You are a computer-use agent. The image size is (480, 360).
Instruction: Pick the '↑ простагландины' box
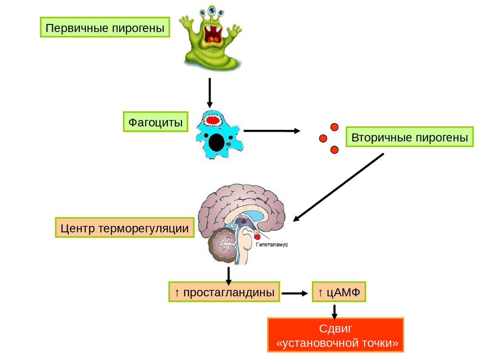pyautogui.click(x=224, y=293)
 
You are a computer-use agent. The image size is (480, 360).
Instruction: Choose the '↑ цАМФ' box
pyautogui.click(x=338, y=293)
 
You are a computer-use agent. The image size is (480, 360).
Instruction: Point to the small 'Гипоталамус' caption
pyautogui.click(x=271, y=245)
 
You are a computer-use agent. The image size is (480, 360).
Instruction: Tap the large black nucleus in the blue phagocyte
pyautogui.click(x=216, y=142)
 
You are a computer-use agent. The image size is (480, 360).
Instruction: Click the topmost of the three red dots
pyautogui.click(x=334, y=127)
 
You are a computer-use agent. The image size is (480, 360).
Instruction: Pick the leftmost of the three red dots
pyautogui.click(x=322, y=138)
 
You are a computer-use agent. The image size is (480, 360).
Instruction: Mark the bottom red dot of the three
pyautogui.click(x=334, y=150)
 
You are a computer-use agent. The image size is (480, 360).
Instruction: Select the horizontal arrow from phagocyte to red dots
pyautogui.click(x=272, y=131)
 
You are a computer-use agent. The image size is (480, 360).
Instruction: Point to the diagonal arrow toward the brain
pyautogui.click(x=338, y=187)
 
